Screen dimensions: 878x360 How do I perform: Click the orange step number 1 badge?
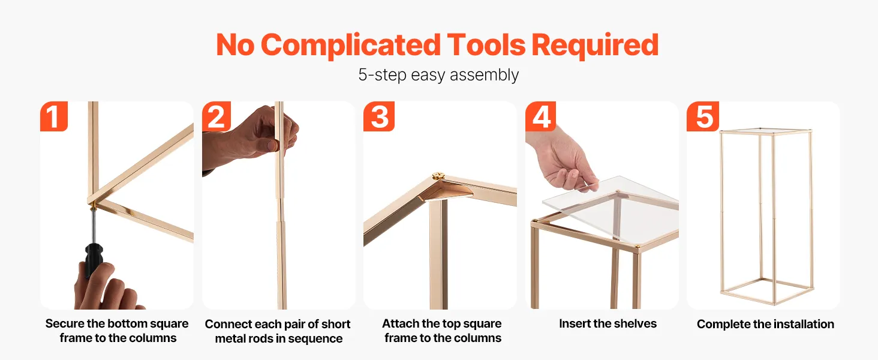pos(54,116)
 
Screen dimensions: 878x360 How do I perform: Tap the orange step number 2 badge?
pos(217,116)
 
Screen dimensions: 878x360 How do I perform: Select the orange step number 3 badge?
pos(378,116)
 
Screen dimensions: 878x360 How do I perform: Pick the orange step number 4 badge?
pos(540,116)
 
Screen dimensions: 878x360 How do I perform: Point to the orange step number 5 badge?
pos(703,116)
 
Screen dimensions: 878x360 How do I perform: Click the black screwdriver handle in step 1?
pos(94,259)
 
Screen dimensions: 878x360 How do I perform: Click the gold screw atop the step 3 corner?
pos(438,176)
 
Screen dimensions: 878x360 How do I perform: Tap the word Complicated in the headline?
pos(351,45)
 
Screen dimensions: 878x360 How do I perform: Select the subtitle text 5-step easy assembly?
pos(438,75)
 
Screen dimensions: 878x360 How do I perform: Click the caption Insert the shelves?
pos(608,323)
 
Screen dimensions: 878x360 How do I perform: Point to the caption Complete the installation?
pos(765,324)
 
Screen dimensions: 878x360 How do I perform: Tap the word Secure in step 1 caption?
pos(65,323)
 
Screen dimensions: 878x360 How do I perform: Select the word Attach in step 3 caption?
pos(401,323)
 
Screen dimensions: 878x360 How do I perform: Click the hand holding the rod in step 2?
pos(251,137)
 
